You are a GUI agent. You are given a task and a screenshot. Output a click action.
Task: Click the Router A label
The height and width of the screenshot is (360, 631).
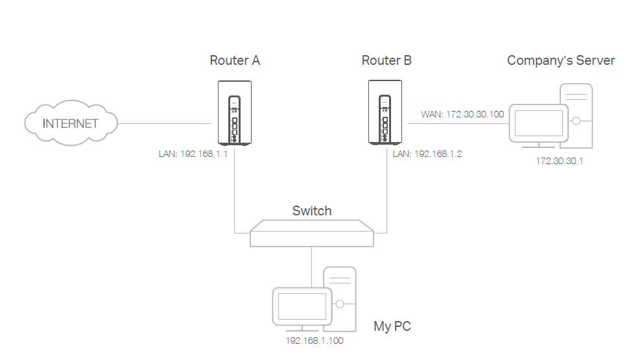pyautogui.click(x=235, y=60)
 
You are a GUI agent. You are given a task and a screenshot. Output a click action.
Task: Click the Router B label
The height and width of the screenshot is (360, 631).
pyautogui.click(x=387, y=60)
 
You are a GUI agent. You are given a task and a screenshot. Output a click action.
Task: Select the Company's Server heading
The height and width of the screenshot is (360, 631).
pyautogui.click(x=560, y=60)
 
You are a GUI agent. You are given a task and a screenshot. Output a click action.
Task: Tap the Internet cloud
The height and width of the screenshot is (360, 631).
pyautogui.click(x=71, y=123)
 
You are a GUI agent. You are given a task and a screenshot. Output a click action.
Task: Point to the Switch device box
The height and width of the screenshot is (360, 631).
pyautogui.click(x=312, y=233)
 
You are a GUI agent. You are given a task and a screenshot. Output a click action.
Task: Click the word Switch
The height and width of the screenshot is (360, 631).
pyautogui.click(x=312, y=211)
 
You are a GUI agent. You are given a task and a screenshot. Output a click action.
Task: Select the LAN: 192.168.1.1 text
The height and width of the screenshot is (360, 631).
pyautogui.click(x=193, y=154)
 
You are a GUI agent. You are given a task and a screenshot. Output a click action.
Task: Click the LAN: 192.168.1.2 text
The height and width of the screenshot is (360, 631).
pyautogui.click(x=427, y=154)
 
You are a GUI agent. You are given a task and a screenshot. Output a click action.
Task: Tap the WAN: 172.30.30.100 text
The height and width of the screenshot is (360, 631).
pyautogui.click(x=462, y=114)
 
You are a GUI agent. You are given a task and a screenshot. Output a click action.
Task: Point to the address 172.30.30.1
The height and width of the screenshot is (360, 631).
pyautogui.click(x=559, y=161)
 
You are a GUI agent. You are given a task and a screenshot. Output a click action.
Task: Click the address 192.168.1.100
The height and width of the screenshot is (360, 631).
pyautogui.click(x=315, y=340)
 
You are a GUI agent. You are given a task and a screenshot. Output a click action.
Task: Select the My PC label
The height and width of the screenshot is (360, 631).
pyautogui.click(x=392, y=326)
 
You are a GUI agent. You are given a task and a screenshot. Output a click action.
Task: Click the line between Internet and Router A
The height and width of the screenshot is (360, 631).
pyautogui.click(x=166, y=123)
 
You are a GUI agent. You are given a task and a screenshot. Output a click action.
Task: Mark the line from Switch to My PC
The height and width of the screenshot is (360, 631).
pyautogui.click(x=312, y=266)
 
